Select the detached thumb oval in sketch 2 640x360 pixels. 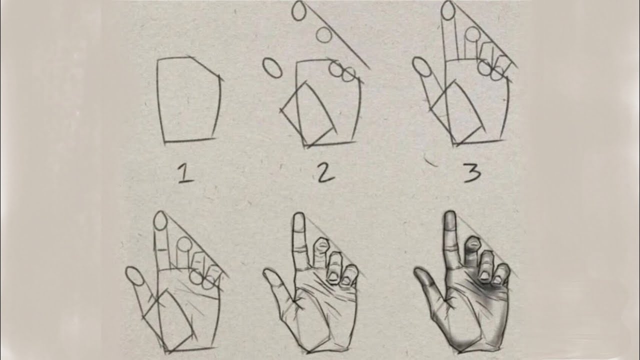click(272, 68)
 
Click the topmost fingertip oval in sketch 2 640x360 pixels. click(299, 11)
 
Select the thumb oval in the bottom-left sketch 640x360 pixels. click(134, 277)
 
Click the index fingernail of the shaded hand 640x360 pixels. click(449, 220)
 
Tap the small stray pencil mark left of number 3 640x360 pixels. click(430, 161)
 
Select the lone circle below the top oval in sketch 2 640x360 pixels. click(324, 34)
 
